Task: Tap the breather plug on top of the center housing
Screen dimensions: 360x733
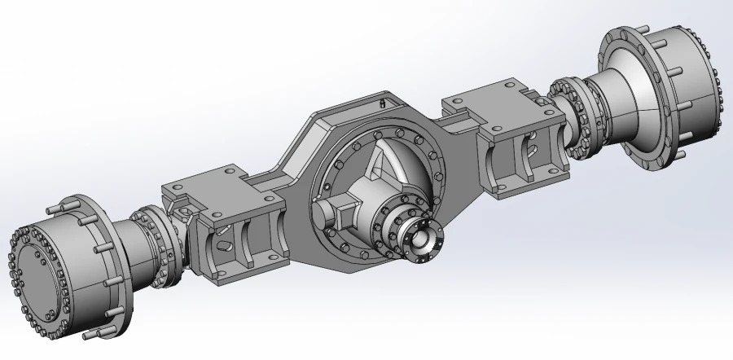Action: click(x=382, y=104)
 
